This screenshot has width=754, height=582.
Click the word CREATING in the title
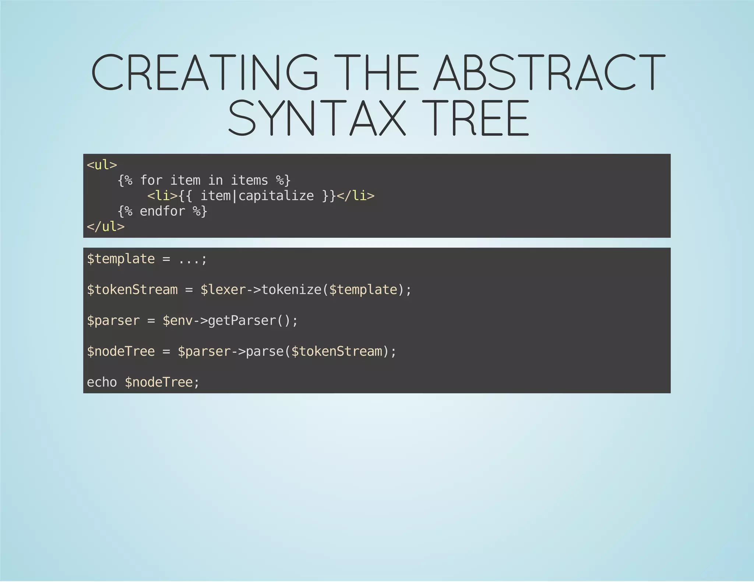(204, 72)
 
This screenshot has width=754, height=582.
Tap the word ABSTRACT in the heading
(549, 72)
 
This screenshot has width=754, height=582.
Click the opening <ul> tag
(102, 165)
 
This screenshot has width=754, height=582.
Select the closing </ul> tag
(106, 227)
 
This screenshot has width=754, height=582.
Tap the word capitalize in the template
(276, 196)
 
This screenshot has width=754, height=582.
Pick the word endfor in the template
(162, 211)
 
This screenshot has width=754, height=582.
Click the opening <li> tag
(162, 196)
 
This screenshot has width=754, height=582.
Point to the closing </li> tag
(356, 196)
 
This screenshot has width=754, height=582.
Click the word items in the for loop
(249, 180)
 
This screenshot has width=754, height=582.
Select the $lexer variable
(223, 290)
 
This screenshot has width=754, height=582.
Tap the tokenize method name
(291, 290)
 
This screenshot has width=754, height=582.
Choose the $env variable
(177, 321)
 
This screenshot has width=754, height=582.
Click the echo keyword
(102, 382)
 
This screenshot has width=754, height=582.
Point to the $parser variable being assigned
(113, 321)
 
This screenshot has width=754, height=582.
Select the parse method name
(264, 351)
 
